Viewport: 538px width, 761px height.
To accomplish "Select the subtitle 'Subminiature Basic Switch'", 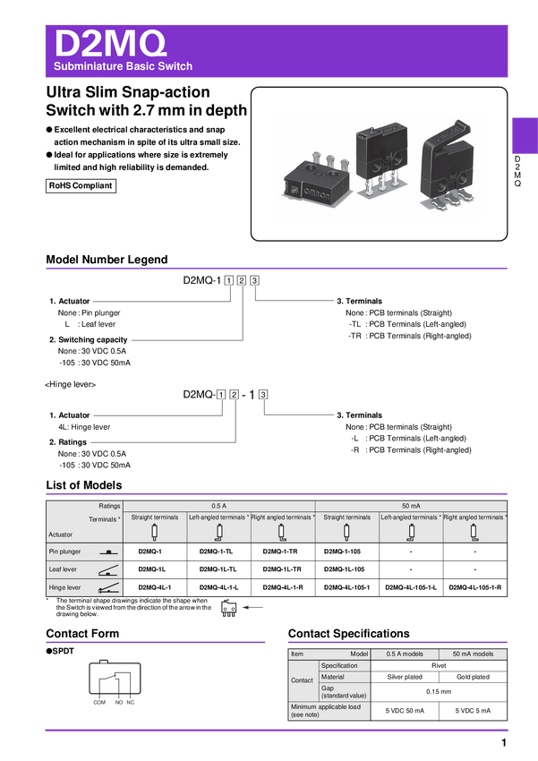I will tap(123, 67).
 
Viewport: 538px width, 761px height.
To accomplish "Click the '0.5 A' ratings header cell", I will tap(219, 506).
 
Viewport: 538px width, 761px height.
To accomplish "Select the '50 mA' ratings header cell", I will tap(411, 506).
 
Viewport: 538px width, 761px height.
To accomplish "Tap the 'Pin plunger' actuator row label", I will tap(64, 552).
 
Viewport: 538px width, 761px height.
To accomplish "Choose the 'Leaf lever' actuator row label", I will tap(63, 569).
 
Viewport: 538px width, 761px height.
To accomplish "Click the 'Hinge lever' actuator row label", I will tap(64, 587).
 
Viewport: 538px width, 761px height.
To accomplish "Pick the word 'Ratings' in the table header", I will tap(110, 506).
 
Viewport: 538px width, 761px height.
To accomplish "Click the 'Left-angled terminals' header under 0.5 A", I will tap(218, 517).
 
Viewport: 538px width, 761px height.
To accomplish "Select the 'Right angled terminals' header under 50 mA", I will tap(474, 517).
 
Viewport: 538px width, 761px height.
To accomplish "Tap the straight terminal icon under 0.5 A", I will tap(155, 533).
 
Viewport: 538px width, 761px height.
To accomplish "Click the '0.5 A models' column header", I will tap(405, 654).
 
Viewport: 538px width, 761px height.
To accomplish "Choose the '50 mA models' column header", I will tap(473, 654).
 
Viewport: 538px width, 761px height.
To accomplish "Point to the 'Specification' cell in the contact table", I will tap(339, 666).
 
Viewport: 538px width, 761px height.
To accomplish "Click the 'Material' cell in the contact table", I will tap(333, 677).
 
